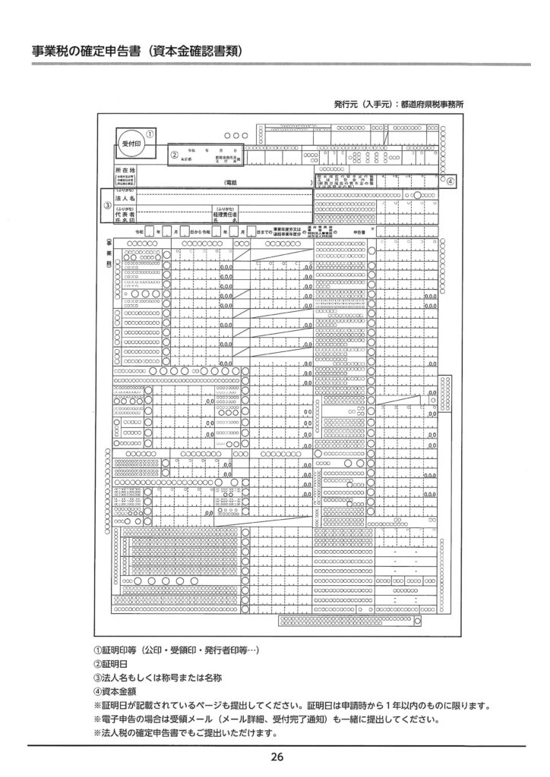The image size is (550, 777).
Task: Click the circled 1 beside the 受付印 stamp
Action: (150, 130)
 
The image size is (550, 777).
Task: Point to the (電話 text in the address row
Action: (231, 183)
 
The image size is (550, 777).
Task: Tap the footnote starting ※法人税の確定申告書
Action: (185, 733)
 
